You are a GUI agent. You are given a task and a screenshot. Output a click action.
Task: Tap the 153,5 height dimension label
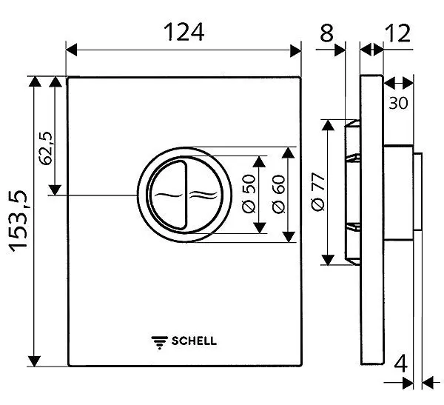click(x=16, y=221)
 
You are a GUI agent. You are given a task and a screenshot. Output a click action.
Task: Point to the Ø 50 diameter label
click(x=249, y=194)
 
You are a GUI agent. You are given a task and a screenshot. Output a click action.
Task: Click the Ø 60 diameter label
click(x=279, y=194)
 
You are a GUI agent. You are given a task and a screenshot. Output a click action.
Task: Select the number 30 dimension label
click(x=398, y=103)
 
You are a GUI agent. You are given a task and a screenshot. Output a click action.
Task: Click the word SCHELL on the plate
click(x=195, y=341)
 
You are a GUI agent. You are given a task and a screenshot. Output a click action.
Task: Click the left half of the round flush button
click(x=166, y=195)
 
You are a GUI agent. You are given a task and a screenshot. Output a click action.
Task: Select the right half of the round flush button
click(x=202, y=195)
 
